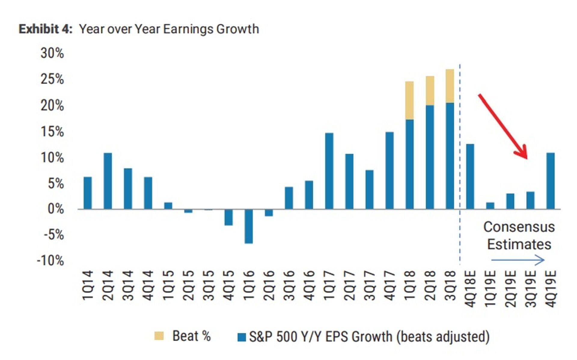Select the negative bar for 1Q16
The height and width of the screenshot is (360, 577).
click(249, 226)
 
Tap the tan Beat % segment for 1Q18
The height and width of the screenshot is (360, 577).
click(409, 100)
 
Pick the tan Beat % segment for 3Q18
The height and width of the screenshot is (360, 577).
click(450, 86)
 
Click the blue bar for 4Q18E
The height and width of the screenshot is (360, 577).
click(470, 176)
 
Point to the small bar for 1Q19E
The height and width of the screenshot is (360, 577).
click(490, 206)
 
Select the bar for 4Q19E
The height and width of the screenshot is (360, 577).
click(550, 181)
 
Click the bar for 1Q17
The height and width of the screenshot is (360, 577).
click(329, 171)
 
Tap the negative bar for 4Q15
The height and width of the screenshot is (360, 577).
click(228, 217)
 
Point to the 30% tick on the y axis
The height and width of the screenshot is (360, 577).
click(52, 53)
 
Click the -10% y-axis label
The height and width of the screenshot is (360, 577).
click(50, 260)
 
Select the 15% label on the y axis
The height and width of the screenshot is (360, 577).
click(52, 131)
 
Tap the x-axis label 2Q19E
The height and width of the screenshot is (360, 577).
click(511, 288)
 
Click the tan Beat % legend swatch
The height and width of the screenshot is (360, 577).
click(159, 336)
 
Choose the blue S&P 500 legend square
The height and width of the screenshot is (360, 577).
click(241, 337)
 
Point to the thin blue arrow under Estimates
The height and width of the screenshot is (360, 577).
click(517, 260)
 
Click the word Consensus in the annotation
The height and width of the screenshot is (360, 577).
click(519, 227)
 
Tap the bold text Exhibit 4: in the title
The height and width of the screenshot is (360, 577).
click(45, 29)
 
